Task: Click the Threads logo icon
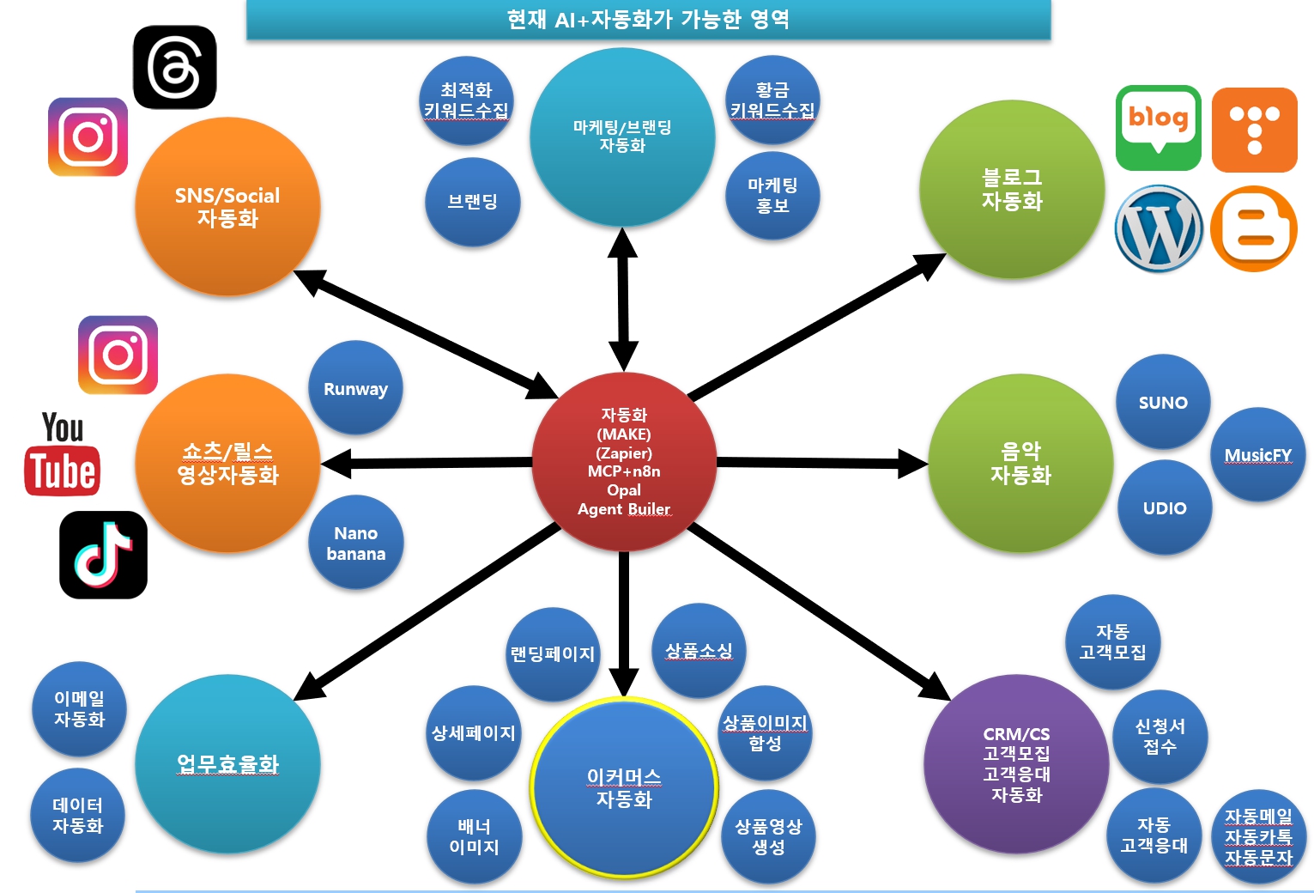pos(175,67)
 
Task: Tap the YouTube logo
pos(62,454)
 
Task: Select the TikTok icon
pos(103,555)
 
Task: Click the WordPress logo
pos(1158,228)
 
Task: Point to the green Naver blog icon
pos(1158,126)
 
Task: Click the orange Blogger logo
pos(1254,228)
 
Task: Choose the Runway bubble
pos(355,389)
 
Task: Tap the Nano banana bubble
pos(355,543)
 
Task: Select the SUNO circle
pos(1163,402)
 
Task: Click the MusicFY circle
pos(1257,455)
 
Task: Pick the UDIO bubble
pos(1165,507)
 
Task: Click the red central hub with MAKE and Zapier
pos(624,461)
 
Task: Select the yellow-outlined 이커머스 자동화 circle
pos(624,787)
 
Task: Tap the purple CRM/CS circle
pos(1016,763)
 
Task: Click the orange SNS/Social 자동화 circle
pos(227,206)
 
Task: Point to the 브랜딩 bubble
pos(472,202)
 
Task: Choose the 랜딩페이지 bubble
pos(552,653)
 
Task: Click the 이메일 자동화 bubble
pos(79,708)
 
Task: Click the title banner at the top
pos(648,19)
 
